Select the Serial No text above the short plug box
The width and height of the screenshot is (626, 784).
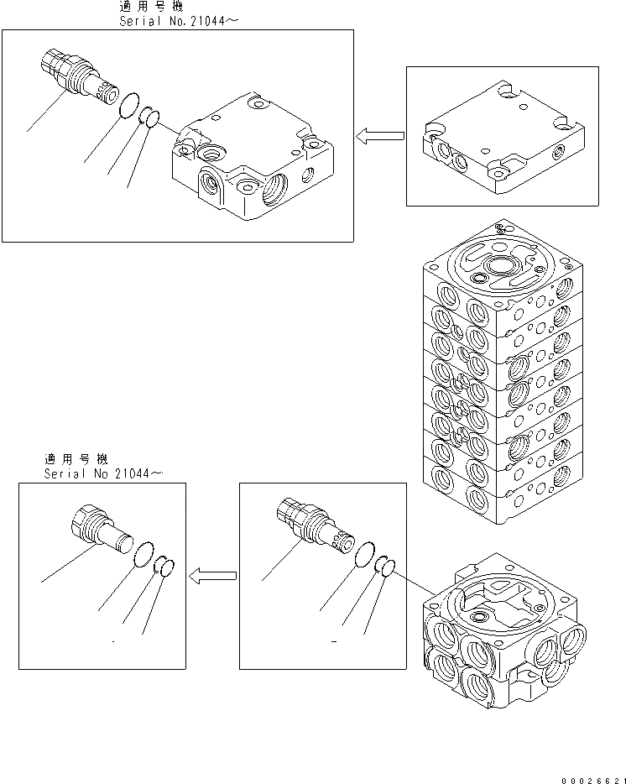[x=102, y=473]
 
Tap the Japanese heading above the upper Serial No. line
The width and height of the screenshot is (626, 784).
[x=156, y=7]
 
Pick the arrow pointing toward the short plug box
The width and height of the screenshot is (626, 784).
[x=212, y=576]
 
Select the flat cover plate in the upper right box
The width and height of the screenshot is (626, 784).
[x=502, y=138]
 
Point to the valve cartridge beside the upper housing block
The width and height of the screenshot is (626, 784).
[x=79, y=79]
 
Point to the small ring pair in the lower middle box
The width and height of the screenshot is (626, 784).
[x=384, y=567]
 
